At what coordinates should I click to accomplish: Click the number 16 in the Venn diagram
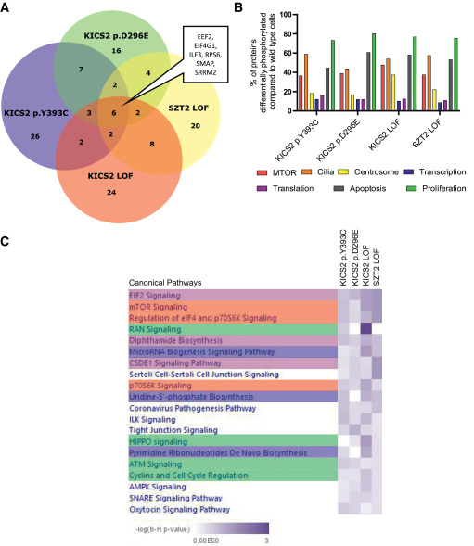(x=116, y=50)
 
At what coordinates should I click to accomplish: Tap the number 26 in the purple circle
(x=35, y=136)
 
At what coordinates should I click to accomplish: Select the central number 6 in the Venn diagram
(x=113, y=113)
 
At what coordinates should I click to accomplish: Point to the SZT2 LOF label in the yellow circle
(x=188, y=108)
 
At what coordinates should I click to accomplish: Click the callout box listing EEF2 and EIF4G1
(x=205, y=55)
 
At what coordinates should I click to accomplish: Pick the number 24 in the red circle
(x=111, y=192)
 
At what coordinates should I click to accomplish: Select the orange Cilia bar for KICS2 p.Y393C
(x=306, y=83)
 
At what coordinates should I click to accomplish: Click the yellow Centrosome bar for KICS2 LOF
(x=393, y=93)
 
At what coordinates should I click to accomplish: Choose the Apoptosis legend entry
(x=360, y=189)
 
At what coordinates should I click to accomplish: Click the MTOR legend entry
(x=276, y=172)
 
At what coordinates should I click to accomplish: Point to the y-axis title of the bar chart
(x=263, y=63)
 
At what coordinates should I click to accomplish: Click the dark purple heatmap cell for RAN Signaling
(x=366, y=329)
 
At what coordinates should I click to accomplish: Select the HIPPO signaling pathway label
(x=159, y=442)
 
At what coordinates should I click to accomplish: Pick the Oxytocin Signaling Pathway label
(x=180, y=510)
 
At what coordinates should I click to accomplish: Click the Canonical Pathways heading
(x=165, y=283)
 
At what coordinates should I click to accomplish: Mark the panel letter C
(x=5, y=241)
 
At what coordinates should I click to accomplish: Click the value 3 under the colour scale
(x=266, y=540)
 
